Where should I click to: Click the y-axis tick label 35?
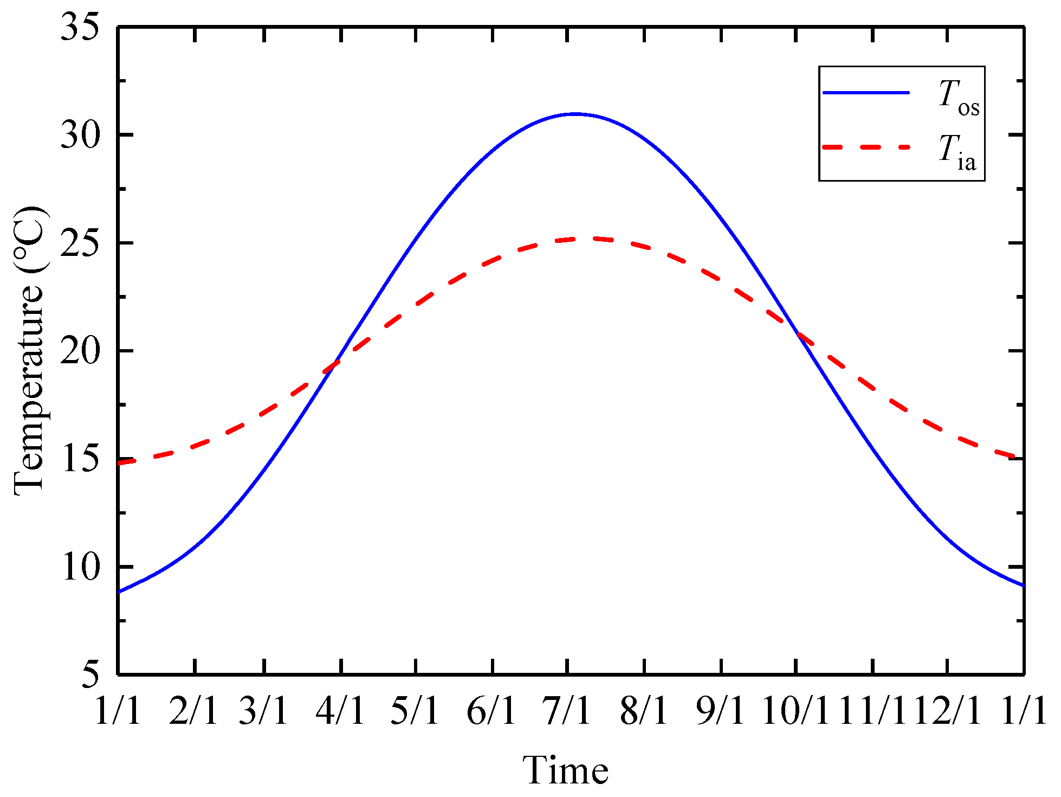tap(80, 27)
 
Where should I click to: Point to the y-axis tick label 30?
tap(80, 135)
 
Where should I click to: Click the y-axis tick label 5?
tap(90, 674)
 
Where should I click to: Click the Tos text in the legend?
tap(958, 98)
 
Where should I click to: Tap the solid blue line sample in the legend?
tap(865, 93)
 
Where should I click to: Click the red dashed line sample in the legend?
tap(865, 147)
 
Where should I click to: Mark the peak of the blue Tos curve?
tap(575, 114)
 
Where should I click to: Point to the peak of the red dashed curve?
tap(591, 238)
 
